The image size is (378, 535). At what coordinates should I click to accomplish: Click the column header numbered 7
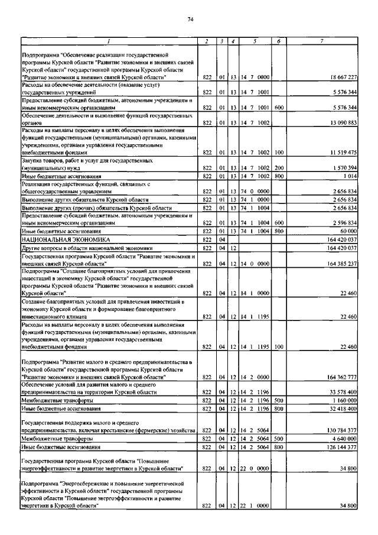coord(321,41)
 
